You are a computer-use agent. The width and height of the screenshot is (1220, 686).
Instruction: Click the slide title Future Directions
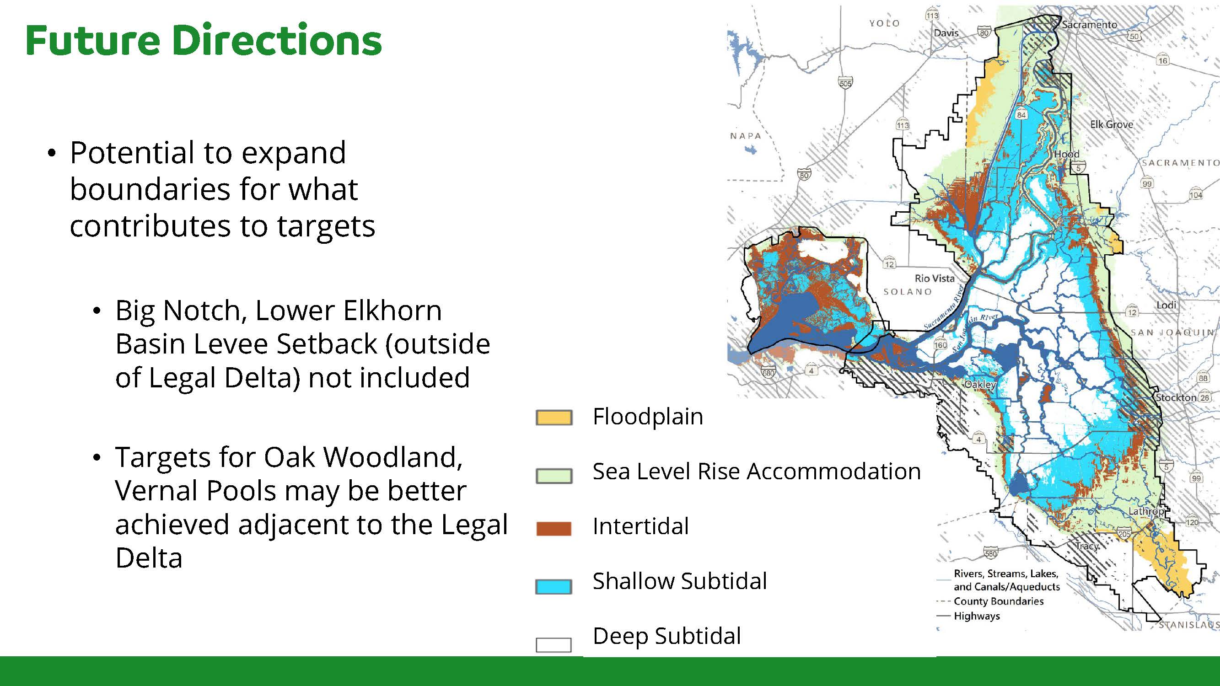pyautogui.click(x=204, y=40)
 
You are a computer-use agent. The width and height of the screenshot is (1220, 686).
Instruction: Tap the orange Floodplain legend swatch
pyautogui.click(x=554, y=418)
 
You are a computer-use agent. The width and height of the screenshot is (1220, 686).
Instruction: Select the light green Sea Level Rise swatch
pyautogui.click(x=554, y=476)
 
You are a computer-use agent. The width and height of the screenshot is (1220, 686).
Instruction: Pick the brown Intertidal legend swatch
pyautogui.click(x=554, y=528)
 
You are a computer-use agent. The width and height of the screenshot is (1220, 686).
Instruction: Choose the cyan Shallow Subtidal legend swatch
pyautogui.click(x=554, y=587)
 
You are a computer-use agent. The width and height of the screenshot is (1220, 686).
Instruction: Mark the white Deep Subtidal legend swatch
pyautogui.click(x=554, y=645)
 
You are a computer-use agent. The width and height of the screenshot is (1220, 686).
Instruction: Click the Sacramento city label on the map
pyautogui.click(x=1089, y=25)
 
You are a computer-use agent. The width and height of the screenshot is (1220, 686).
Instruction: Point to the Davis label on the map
pyautogui.click(x=946, y=33)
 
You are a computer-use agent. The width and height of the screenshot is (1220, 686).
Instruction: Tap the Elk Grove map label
pyautogui.click(x=1112, y=124)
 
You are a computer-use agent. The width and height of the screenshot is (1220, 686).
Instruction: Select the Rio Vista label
pyautogui.click(x=935, y=279)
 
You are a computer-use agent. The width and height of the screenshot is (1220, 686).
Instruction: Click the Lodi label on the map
pyautogui.click(x=1166, y=305)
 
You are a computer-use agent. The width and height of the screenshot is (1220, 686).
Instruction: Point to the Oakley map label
pyautogui.click(x=980, y=385)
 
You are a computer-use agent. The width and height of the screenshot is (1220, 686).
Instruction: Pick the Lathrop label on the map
pyautogui.click(x=1145, y=511)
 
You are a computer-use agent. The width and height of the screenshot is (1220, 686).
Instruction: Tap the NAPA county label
pyautogui.click(x=746, y=136)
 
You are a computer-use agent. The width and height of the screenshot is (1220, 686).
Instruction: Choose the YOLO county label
pyautogui.click(x=884, y=23)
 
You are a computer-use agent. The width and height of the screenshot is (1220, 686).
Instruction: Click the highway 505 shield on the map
pyautogui.click(x=845, y=82)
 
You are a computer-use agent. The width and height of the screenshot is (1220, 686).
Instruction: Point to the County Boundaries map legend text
pyautogui.click(x=998, y=601)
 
